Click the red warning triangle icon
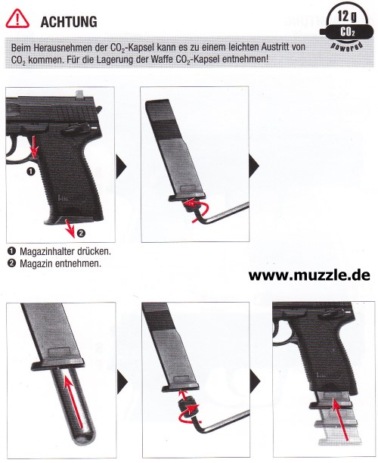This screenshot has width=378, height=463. point(17,19)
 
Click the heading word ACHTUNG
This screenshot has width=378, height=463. point(69,22)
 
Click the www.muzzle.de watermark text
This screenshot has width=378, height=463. point(309,275)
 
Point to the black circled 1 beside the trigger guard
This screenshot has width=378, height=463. point(31,171)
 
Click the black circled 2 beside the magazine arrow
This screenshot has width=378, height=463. point(81,233)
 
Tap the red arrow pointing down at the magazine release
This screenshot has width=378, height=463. point(34,147)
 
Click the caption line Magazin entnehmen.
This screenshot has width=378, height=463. point(60,263)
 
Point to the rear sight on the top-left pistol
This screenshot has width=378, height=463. point(79,94)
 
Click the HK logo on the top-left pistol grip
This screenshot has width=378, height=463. point(63,198)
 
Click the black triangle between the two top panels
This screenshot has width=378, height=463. point(121,167)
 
